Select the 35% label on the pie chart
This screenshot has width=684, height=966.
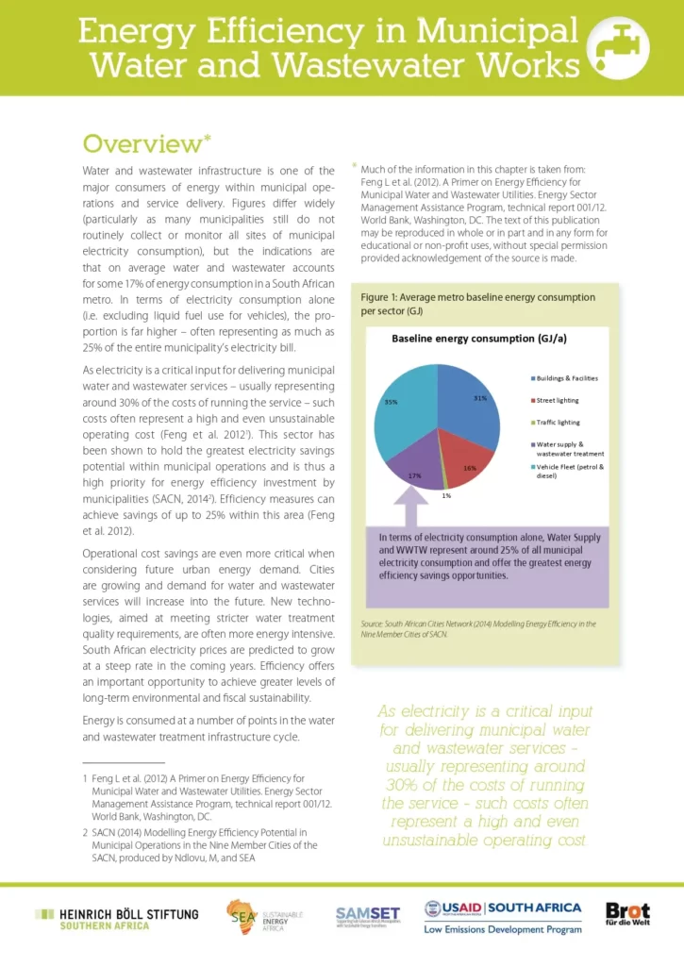[x=391, y=402]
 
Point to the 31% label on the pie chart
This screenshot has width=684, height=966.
[x=479, y=398]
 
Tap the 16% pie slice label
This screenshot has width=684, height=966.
[x=471, y=468]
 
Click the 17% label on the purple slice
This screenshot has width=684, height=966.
[x=414, y=476]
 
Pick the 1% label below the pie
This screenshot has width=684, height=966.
[x=445, y=495]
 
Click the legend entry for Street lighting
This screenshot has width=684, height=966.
[x=560, y=400]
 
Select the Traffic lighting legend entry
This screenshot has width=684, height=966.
[x=560, y=422]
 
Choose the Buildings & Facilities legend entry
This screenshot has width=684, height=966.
[x=566, y=378]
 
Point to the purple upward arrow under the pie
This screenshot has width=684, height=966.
[x=412, y=510]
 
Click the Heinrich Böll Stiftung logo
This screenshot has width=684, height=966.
[x=117, y=919]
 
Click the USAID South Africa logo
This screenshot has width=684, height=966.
[x=502, y=916]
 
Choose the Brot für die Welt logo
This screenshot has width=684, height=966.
[x=627, y=915]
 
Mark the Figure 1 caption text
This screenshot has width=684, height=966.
[x=478, y=303]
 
